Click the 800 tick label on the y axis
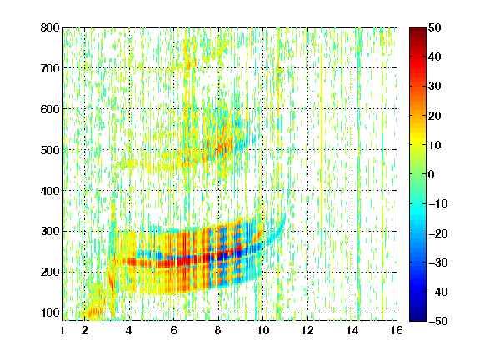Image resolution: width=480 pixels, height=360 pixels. [50, 27]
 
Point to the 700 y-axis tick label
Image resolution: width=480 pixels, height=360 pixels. [50, 68]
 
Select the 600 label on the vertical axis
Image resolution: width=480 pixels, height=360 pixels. [50, 109]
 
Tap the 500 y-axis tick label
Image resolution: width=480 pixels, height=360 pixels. [50, 150]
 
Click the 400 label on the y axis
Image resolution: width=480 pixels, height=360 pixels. [50, 191]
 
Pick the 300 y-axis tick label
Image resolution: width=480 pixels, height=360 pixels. [50, 232]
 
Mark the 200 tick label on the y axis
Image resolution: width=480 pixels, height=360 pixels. [50, 272]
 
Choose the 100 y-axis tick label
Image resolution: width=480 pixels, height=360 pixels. [50, 312]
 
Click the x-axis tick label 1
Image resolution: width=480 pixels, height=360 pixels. [62, 330]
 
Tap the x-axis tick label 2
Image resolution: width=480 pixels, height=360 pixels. [85, 330]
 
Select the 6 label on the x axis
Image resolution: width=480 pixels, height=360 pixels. [174, 330]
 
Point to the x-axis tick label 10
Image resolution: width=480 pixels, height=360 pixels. [262, 330]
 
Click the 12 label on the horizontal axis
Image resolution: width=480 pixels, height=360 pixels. [307, 330]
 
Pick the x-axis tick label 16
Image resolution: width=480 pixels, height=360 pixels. [397, 330]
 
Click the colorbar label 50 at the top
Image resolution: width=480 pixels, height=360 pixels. [435, 27]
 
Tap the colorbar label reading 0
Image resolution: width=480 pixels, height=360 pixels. [432, 174]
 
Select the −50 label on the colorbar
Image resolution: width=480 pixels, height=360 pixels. [438, 321]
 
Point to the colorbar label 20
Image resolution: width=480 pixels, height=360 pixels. [435, 116]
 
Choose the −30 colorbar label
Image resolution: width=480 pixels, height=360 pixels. [438, 262]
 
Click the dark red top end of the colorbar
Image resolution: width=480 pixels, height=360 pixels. [417, 29]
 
